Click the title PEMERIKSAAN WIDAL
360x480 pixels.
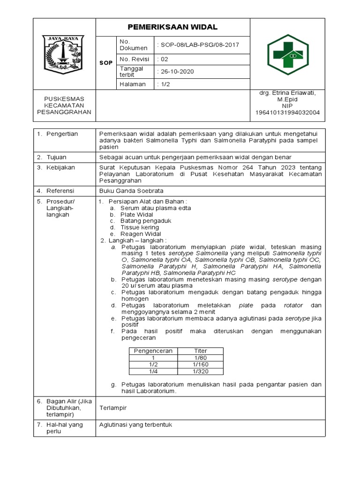[x=173, y=27]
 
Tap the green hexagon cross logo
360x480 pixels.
[x=287, y=54]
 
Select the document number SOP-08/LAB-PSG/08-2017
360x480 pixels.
[x=199, y=45]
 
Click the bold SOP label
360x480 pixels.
[x=106, y=63]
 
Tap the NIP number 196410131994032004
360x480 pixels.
[x=287, y=112]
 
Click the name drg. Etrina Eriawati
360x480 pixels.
[x=287, y=93]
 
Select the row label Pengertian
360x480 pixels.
[x=62, y=134]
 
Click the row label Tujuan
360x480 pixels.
[x=56, y=157]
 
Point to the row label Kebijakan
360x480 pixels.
[x=60, y=167]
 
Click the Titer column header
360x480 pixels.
[x=200, y=351]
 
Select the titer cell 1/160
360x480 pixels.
[x=200, y=364]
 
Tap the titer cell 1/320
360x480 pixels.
[x=200, y=371]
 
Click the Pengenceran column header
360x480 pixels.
[x=153, y=351]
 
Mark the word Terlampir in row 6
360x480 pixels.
[x=113, y=408]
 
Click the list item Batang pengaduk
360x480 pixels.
[x=146, y=220]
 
